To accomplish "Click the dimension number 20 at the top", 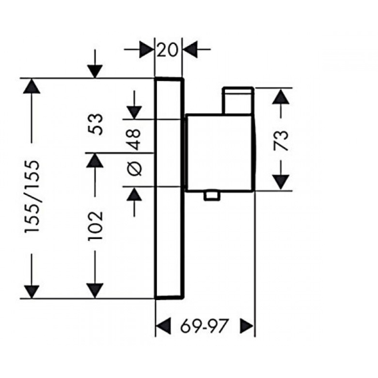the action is tap(167, 50).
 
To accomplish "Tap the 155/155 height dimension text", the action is tap(32, 196).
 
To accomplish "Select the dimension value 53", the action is tap(96, 124).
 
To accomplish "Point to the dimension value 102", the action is tap(96, 226).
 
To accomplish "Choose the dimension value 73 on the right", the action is tap(281, 140).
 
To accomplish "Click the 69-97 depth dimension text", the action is tap(204, 327).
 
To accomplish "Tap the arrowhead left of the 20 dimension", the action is tap(146, 49).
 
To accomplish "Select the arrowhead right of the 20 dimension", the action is tap(190, 49).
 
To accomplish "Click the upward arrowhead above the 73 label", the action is tap(281, 96).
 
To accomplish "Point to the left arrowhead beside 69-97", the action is tap(164, 327).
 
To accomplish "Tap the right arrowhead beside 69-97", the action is tap(247, 327).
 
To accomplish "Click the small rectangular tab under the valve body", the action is tap(212, 195).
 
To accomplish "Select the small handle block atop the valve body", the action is tap(238, 100).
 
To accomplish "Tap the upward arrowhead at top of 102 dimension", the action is tap(94, 160).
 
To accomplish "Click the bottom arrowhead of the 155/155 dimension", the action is tap(32, 292).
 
